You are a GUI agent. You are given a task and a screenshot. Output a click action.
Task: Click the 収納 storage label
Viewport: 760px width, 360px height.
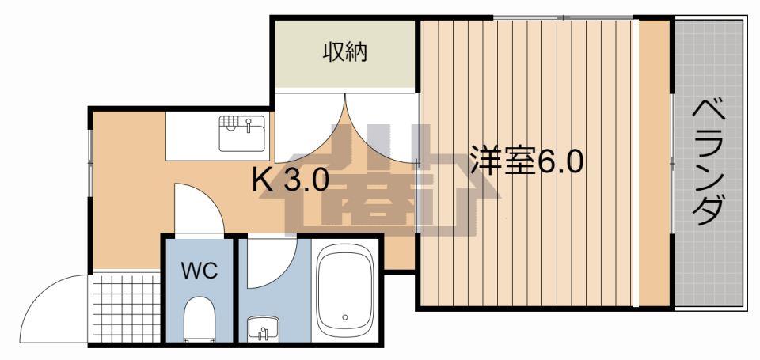pyautogui.click(x=344, y=52)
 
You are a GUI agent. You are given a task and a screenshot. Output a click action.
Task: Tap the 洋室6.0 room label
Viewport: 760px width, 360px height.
pyautogui.click(x=526, y=163)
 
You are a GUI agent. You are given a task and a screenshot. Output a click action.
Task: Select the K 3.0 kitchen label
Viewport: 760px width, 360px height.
pyautogui.click(x=291, y=181)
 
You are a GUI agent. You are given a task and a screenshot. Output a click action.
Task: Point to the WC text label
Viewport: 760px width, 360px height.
pyautogui.click(x=199, y=271)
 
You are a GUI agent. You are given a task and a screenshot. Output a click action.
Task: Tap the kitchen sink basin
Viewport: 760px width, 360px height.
pyautogui.click(x=241, y=133)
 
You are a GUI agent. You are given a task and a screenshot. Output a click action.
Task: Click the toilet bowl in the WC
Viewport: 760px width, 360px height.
pyautogui.click(x=199, y=320)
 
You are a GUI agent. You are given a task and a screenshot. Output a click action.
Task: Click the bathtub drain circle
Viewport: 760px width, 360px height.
pyautogui.click(x=344, y=317)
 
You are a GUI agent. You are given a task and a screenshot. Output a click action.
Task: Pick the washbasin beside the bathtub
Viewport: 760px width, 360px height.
pyautogui.click(x=263, y=329)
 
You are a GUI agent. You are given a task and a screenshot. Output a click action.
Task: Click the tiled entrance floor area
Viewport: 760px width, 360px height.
pyautogui.click(x=126, y=307)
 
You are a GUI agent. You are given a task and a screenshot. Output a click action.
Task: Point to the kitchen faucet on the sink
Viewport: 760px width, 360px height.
pyautogui.click(x=249, y=126)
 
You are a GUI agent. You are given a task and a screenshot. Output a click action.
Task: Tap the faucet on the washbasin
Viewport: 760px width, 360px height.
pyautogui.click(x=263, y=333)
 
